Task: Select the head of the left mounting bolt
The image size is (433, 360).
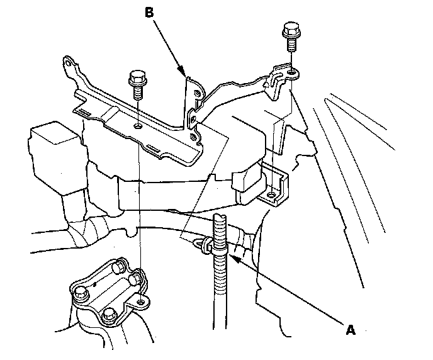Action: click(x=137, y=79)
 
